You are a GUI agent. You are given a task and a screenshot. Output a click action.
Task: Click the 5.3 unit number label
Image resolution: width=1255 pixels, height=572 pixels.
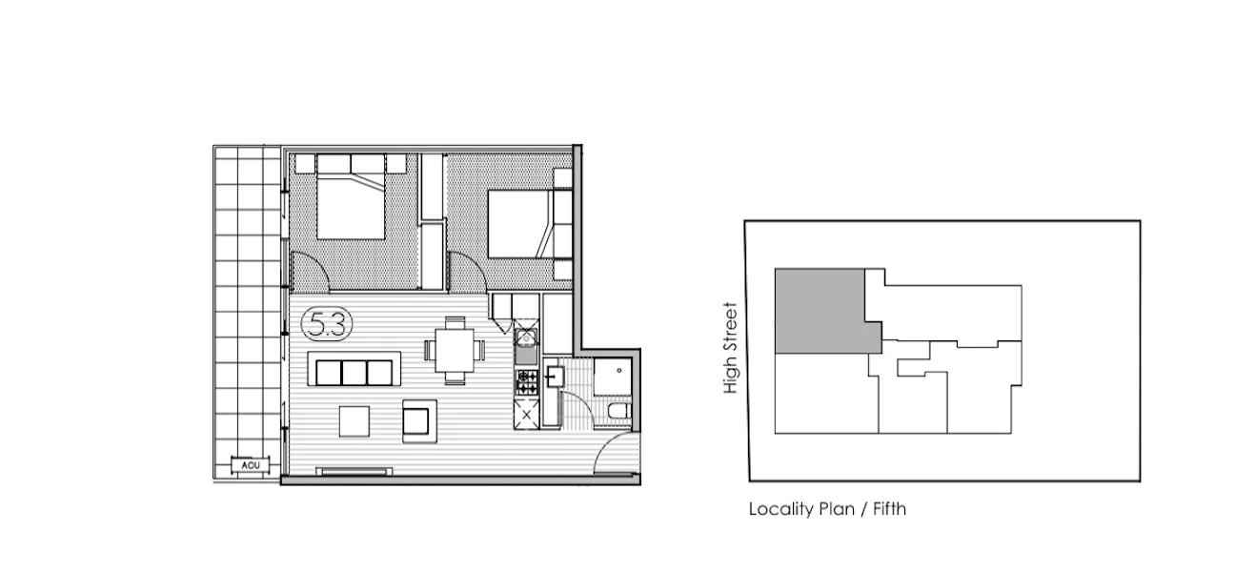(x=327, y=325)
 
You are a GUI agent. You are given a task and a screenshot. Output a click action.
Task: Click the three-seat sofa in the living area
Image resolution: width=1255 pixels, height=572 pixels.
(x=354, y=369)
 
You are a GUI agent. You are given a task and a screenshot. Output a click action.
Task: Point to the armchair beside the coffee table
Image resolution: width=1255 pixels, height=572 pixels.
(x=418, y=419)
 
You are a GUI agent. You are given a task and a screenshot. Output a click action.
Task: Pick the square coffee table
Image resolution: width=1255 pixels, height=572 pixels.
(x=355, y=420)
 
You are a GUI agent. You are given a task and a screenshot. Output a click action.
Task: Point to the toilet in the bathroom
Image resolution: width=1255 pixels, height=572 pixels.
(x=617, y=411)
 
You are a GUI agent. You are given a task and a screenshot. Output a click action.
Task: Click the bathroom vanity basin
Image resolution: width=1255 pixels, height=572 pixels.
(x=557, y=377)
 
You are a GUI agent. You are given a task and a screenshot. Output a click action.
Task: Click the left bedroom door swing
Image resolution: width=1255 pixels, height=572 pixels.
(x=311, y=270)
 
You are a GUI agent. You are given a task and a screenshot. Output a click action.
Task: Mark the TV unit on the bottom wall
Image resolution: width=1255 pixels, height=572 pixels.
(x=354, y=471)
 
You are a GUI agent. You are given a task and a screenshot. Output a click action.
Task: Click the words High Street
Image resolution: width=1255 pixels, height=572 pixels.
(x=731, y=348)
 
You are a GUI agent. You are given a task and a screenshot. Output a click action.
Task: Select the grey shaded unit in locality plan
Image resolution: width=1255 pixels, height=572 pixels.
(x=820, y=310)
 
